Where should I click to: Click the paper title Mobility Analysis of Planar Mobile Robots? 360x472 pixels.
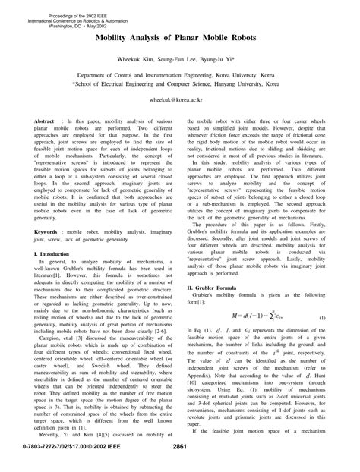coord(179,36)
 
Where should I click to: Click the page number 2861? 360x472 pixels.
coord(180,458)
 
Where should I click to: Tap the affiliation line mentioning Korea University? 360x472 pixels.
coord(180,77)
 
